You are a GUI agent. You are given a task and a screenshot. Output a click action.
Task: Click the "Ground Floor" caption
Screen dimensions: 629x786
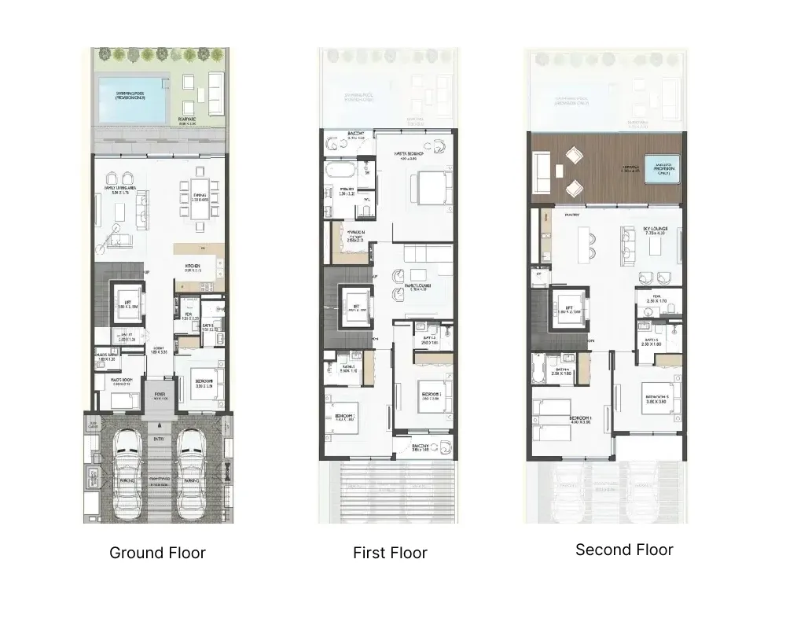pos(157,553)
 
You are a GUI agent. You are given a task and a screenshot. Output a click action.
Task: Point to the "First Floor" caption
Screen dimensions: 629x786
pos(390,553)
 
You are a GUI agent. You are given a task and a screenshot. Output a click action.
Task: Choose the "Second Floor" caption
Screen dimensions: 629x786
pos(624,550)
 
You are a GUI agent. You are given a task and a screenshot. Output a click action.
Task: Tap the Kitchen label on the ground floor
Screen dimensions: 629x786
pos(193,267)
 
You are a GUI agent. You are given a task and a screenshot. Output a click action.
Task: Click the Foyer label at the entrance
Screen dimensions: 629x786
pos(160,396)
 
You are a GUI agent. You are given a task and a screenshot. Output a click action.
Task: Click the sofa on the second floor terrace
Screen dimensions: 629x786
pos(541,173)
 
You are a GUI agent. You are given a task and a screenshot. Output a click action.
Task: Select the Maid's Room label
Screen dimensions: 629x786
pos(116,381)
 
